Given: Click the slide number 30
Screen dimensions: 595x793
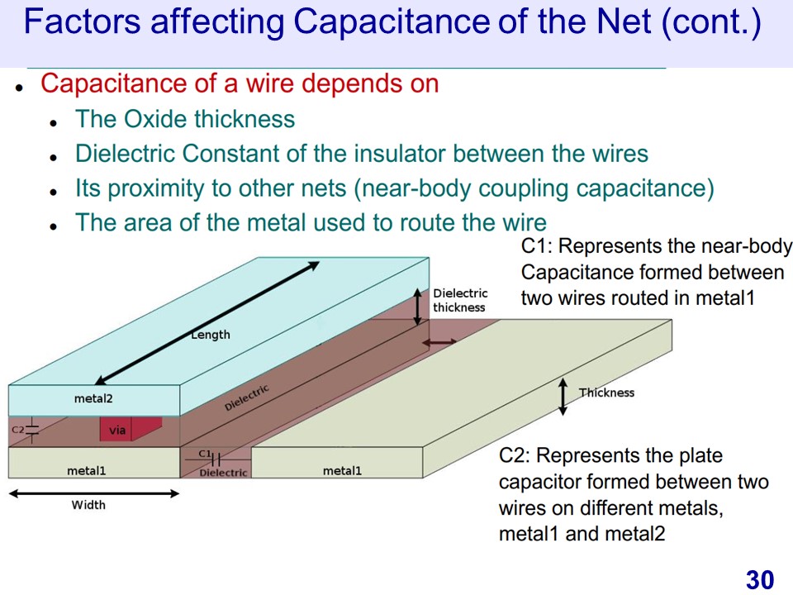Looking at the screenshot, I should point(759,580).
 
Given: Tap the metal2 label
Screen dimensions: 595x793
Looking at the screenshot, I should point(93,398).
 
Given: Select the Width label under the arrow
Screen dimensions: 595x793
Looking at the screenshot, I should point(88,504).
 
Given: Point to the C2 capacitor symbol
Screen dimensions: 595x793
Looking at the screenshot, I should point(31,430).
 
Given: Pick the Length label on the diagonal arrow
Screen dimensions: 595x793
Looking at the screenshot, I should point(211,335).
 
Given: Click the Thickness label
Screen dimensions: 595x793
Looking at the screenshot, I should point(606,393).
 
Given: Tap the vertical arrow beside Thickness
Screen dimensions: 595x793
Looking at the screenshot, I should point(563,396).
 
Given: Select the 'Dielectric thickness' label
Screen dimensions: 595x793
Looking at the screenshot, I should point(460,300).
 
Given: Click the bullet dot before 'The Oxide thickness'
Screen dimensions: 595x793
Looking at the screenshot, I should point(54,121).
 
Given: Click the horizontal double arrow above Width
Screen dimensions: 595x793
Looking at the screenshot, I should point(93,493).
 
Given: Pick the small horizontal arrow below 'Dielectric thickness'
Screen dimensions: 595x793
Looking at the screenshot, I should point(439,341).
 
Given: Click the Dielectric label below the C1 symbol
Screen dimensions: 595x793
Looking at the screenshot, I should point(223,473).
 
